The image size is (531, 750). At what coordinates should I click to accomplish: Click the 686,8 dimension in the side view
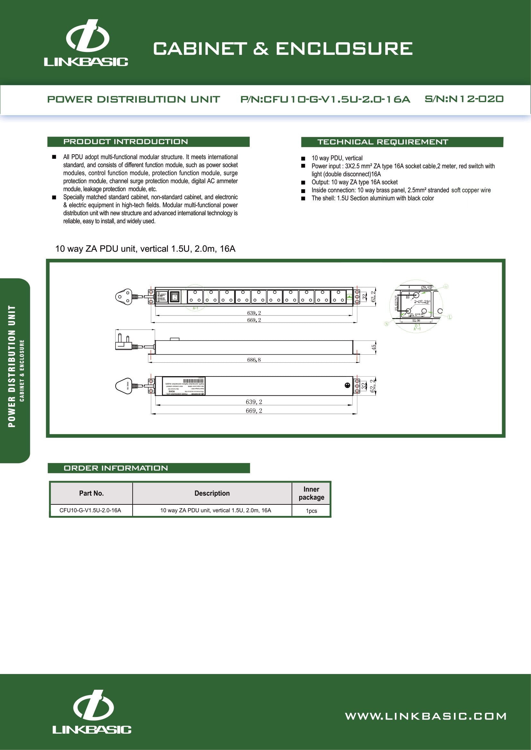click(254, 360)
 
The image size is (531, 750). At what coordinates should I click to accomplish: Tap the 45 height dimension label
click(374, 348)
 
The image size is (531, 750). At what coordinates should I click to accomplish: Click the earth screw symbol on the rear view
click(347, 385)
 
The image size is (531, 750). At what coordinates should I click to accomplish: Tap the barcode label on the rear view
click(193, 381)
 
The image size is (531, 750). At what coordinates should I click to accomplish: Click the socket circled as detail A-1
click(195, 297)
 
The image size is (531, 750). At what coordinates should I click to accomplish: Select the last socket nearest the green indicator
click(338, 297)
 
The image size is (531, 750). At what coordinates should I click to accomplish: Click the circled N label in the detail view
click(387, 324)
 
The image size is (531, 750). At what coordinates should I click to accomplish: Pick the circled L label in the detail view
click(449, 317)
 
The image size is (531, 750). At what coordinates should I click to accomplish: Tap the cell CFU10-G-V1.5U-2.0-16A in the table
click(90, 510)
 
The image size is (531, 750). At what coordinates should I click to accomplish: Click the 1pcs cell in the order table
click(311, 510)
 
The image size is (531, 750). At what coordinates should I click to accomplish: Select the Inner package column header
click(311, 493)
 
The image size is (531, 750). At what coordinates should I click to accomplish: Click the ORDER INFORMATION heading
click(116, 468)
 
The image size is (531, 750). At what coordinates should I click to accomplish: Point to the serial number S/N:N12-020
click(464, 99)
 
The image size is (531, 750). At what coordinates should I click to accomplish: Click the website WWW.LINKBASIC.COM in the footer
click(425, 716)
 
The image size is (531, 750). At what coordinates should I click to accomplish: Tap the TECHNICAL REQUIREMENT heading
click(383, 142)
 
